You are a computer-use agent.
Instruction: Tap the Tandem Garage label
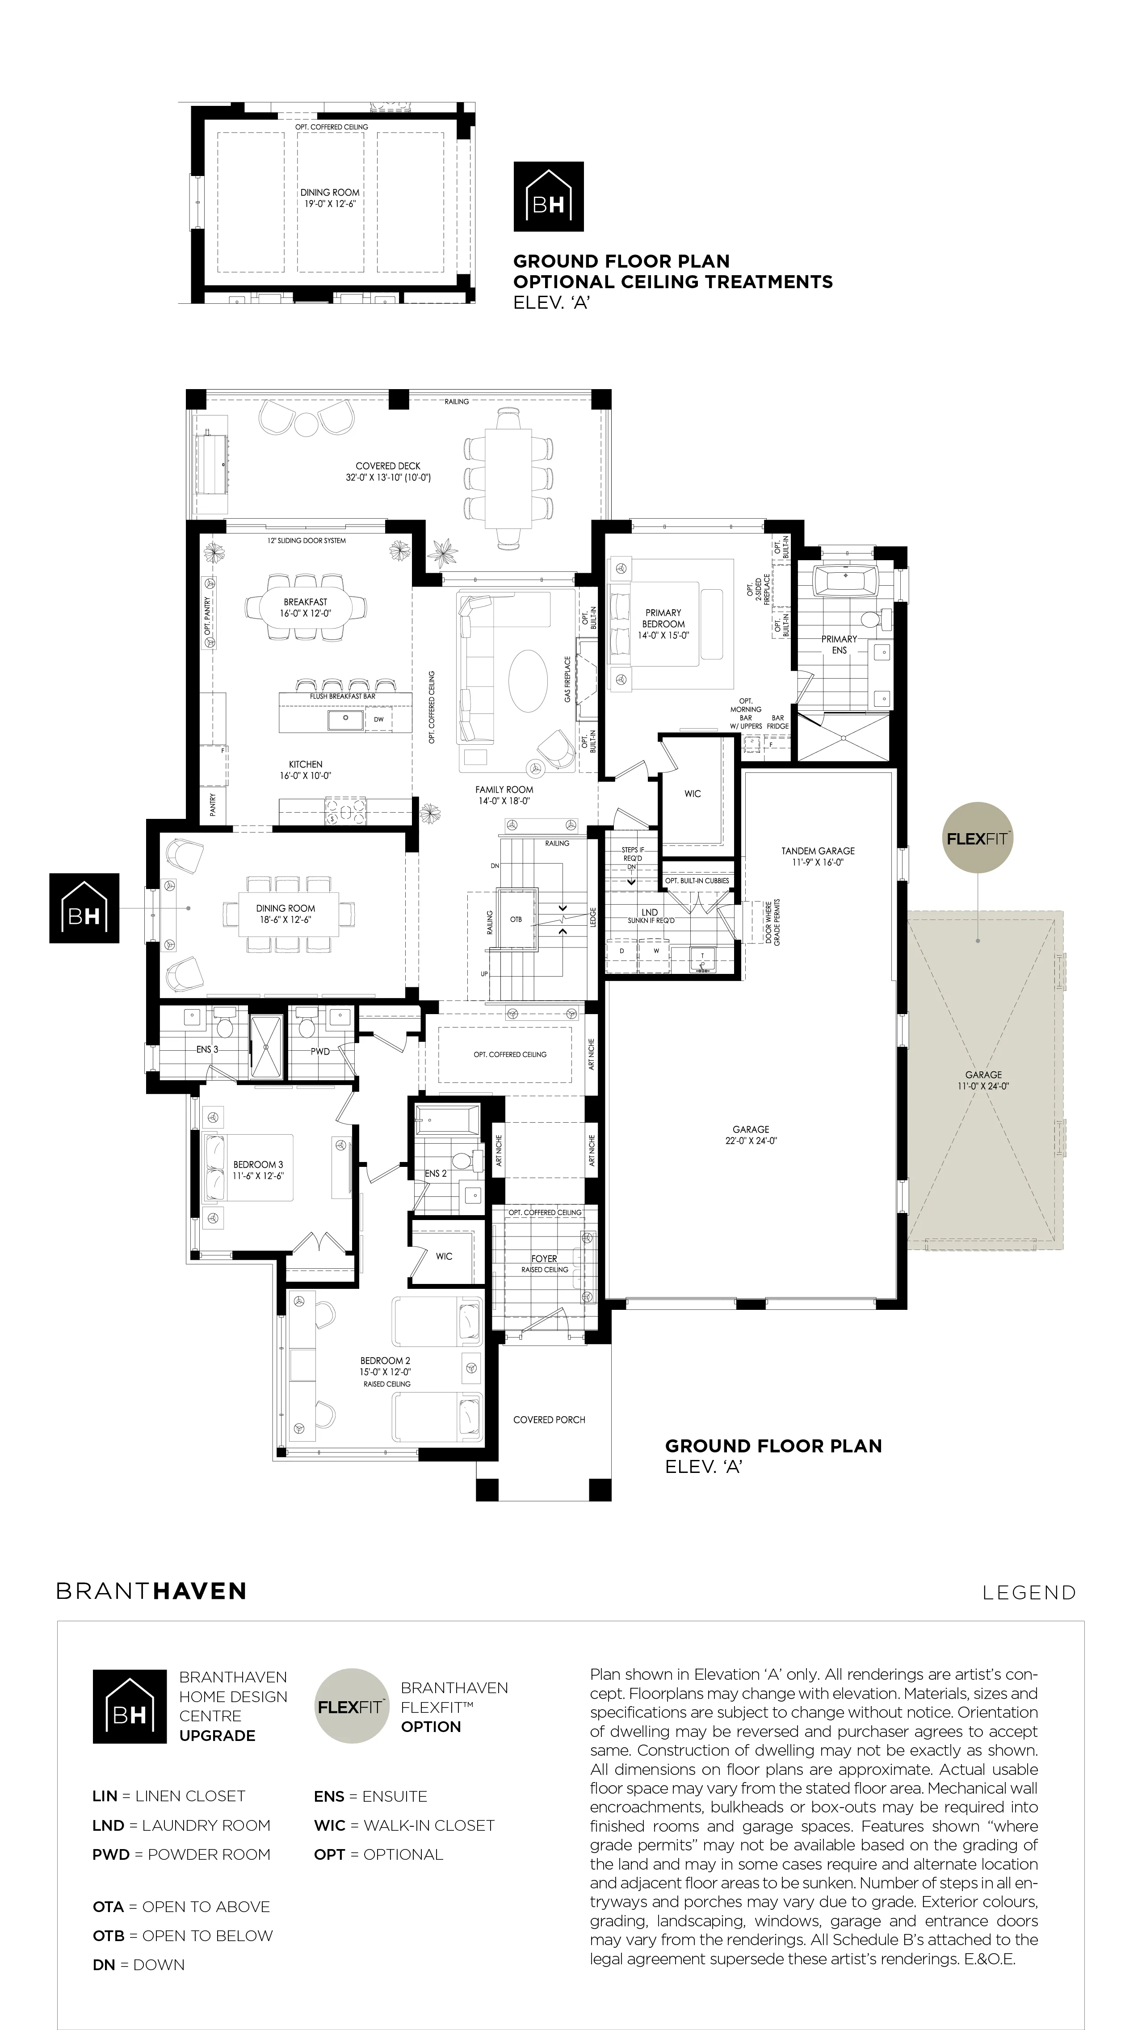[x=818, y=856]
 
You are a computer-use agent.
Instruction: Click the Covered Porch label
[x=549, y=1419]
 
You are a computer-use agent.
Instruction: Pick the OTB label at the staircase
[x=516, y=920]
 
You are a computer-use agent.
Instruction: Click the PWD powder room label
[x=320, y=1051]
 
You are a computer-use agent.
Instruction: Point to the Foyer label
[x=544, y=1258]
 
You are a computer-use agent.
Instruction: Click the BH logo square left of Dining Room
[x=84, y=908]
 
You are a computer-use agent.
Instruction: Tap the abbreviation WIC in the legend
[x=329, y=1825]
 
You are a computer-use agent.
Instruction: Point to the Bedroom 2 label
[x=386, y=1366]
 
